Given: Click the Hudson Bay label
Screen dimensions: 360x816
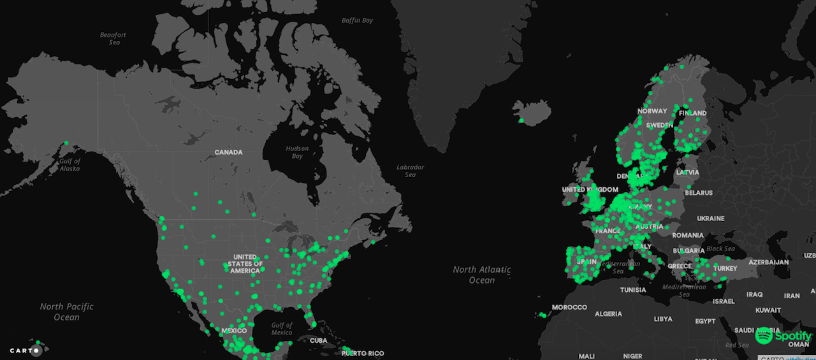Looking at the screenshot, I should [296, 152].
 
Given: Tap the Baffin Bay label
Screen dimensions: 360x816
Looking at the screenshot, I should [357, 20].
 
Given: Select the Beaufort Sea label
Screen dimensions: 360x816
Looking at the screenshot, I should [113, 38].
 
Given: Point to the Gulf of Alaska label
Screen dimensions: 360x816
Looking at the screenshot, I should [70, 164].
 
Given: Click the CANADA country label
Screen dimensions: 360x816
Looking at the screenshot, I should [229, 152].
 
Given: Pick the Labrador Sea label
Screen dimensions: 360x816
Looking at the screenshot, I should [410, 171].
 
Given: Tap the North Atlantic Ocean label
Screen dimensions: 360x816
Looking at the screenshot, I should [482, 275].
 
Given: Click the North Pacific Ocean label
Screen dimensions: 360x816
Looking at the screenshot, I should [66, 312].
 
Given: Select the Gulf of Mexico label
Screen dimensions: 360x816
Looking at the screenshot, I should [281, 328].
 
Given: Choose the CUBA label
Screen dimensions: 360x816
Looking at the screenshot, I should [318, 340].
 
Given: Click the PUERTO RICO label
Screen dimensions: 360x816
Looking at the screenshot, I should [363, 353].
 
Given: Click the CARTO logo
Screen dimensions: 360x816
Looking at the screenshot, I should [25, 350].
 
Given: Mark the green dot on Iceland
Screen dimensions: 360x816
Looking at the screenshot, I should [521, 120].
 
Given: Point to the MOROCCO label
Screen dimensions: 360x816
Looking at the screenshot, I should [569, 307].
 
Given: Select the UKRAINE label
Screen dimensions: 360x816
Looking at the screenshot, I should [711, 218].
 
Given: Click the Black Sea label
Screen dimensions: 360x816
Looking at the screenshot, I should [720, 248].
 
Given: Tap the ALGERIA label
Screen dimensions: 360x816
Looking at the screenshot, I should [608, 313].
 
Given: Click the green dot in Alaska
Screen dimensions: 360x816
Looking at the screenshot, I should [66, 142].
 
